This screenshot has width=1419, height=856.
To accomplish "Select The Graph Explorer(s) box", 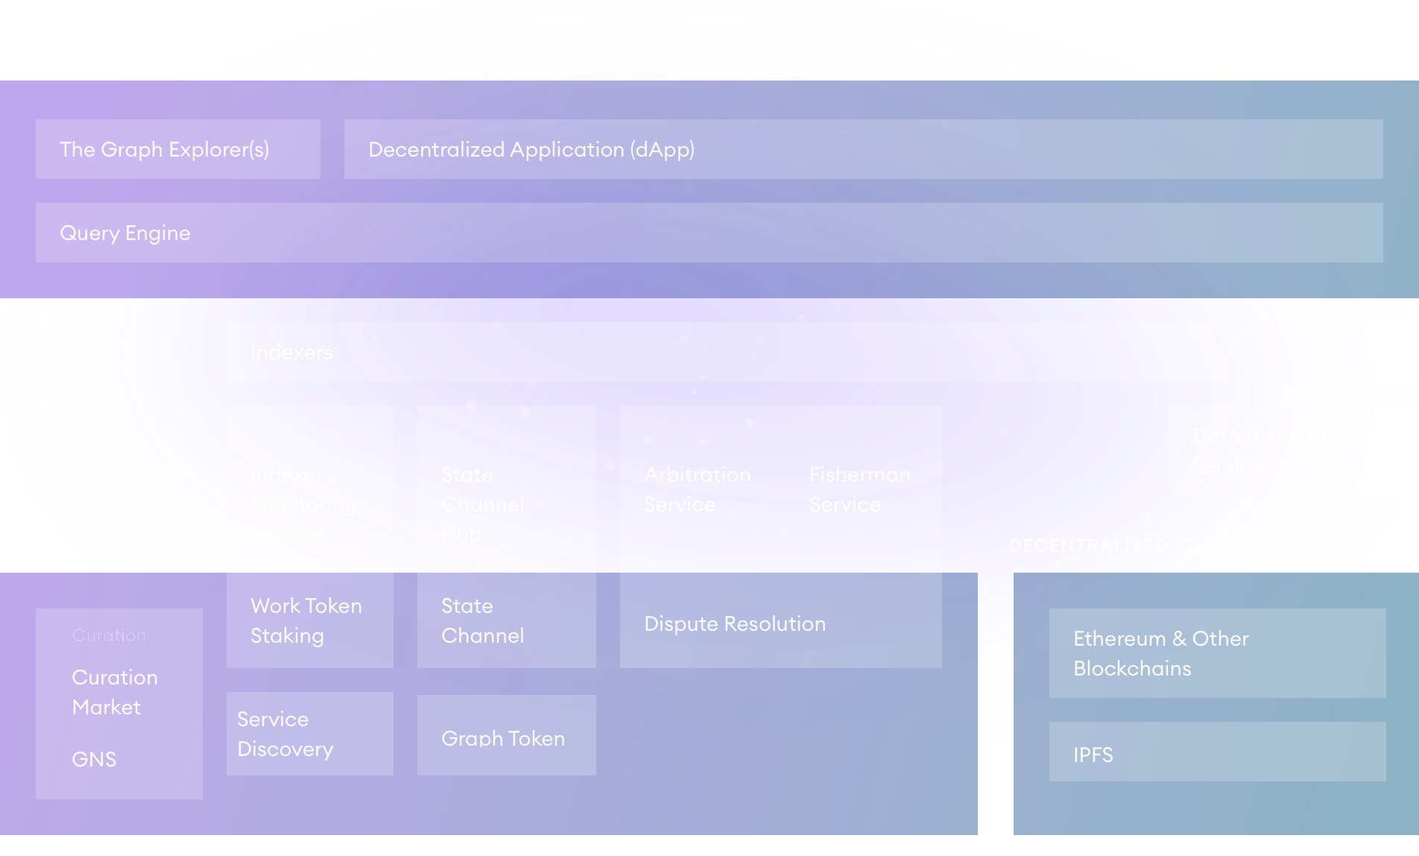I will [x=177, y=149].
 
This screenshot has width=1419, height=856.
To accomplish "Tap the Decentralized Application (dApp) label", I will [x=531, y=149].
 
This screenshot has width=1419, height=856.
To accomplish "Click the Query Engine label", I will [x=125, y=233].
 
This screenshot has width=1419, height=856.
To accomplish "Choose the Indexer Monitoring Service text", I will [x=303, y=505].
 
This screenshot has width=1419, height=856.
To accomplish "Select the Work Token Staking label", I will [x=306, y=620].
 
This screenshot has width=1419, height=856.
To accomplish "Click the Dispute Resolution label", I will [x=735, y=624].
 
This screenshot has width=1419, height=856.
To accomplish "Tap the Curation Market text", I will [x=115, y=692].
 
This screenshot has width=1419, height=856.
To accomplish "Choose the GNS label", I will [x=94, y=759].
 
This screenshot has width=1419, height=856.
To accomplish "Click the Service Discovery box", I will [x=309, y=734].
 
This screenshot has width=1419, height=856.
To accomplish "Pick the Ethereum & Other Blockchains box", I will [x=1217, y=653].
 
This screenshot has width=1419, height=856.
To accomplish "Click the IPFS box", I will [x=1217, y=752].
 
